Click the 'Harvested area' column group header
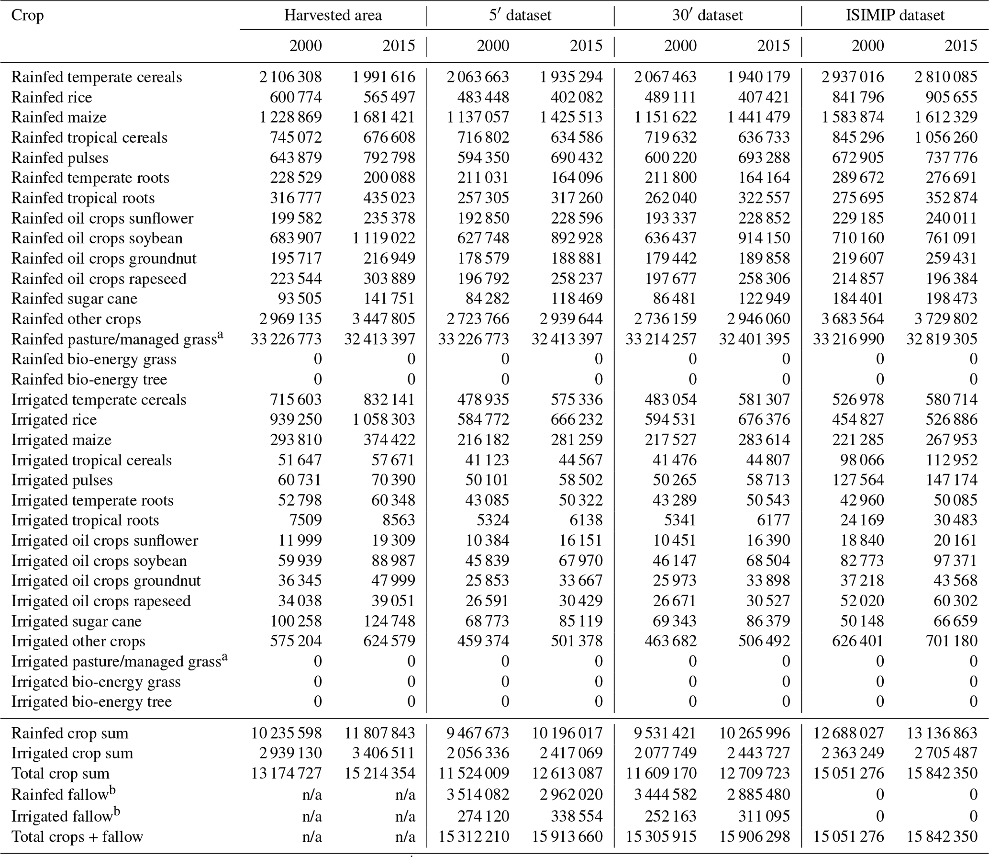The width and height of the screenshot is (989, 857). (333, 15)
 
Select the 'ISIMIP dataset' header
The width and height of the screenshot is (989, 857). (895, 15)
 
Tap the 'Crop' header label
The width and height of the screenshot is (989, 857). (27, 15)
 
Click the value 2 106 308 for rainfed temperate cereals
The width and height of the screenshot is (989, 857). (290, 77)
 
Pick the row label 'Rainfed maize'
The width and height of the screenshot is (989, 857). (59, 117)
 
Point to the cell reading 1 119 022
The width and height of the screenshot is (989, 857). (384, 238)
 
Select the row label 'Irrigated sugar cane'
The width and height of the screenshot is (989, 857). (77, 621)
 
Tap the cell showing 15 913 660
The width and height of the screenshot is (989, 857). (567, 836)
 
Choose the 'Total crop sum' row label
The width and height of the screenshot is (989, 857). (60, 773)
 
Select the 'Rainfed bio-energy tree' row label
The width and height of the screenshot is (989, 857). (89, 380)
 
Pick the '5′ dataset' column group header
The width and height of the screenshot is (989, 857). (520, 15)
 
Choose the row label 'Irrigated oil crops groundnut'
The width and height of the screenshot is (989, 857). (106, 581)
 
